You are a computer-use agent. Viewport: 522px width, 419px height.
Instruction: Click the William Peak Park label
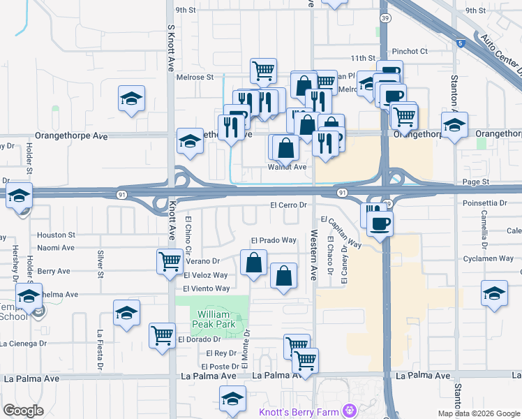coord(212,319)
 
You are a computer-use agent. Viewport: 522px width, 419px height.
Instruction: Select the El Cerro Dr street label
coord(288,205)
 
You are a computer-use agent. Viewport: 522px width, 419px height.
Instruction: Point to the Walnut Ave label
coord(288,167)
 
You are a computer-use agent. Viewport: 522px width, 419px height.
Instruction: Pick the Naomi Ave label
coord(56,247)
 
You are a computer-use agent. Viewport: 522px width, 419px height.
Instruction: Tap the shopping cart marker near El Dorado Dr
coord(163,335)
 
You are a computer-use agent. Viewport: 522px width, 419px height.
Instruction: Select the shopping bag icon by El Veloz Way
coord(253,263)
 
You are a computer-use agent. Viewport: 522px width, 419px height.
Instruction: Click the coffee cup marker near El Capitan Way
coord(380,223)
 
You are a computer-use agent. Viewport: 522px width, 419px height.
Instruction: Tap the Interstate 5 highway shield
coord(461,43)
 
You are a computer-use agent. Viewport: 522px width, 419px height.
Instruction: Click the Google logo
coord(23,411)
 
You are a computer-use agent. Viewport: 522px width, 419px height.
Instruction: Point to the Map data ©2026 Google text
coord(479,413)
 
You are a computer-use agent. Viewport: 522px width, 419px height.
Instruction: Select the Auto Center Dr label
coord(500,56)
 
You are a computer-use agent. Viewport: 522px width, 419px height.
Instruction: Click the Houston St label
coord(57,235)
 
